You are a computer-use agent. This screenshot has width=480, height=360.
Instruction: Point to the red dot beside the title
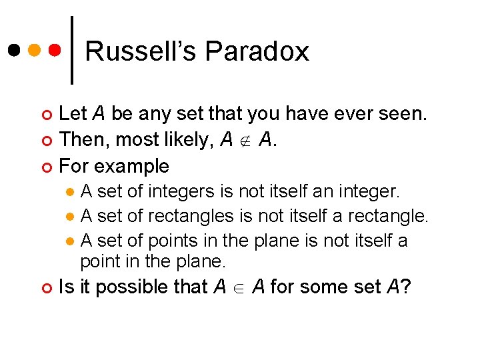pos(56,51)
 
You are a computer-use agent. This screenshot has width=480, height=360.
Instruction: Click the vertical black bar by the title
pos(72,51)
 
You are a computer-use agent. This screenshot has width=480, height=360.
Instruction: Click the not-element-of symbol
pos(244,141)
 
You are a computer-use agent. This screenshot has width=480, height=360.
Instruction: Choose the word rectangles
pos(191,216)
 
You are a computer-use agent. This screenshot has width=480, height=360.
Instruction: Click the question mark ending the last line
pos(406,287)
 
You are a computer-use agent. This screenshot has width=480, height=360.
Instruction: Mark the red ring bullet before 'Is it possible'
pos(46,287)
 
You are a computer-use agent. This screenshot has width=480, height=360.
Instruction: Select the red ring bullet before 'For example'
pos(46,166)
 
